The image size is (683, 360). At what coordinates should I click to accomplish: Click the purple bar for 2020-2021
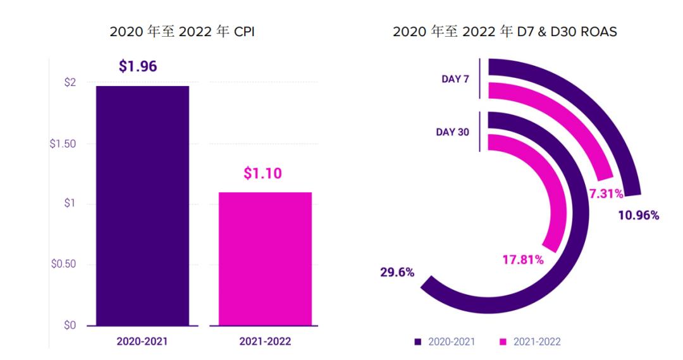point(142,206)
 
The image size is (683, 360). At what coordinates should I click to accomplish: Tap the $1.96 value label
point(138,66)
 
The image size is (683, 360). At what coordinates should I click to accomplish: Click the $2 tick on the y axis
point(70,83)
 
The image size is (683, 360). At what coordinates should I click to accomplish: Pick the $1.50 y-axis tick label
point(63,144)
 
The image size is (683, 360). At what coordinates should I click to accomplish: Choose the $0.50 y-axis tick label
point(63,264)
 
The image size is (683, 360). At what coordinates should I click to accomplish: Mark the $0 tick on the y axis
point(70,325)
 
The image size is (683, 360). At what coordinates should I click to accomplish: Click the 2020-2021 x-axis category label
point(142,342)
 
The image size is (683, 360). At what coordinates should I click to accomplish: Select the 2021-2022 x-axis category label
point(265,342)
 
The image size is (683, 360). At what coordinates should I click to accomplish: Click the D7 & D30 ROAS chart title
point(505,32)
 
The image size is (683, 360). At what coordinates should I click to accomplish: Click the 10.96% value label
point(638,215)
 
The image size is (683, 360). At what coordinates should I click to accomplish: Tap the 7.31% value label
point(606,194)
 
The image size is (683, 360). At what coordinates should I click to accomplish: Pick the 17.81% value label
point(523,259)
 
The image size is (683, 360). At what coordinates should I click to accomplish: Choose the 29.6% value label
point(397,273)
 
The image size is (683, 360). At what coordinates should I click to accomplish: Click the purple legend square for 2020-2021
point(417,342)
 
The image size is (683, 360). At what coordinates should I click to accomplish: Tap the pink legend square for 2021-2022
point(503,342)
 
